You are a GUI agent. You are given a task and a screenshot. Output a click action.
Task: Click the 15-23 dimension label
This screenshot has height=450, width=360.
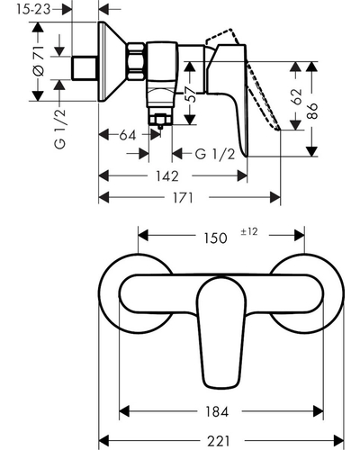click(33, 9)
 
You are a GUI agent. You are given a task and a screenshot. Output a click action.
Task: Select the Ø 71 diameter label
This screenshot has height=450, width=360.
click(39, 61)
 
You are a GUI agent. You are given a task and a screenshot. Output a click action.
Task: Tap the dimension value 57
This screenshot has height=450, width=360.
click(192, 94)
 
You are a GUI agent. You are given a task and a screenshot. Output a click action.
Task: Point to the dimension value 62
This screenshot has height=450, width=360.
click(296, 96)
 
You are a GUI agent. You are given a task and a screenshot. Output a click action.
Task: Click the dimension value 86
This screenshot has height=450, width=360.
click(312, 111)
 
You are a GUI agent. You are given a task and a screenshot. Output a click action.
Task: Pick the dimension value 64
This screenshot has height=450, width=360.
click(128, 135)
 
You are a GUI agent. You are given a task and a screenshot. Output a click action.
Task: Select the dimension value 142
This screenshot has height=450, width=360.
click(167, 176)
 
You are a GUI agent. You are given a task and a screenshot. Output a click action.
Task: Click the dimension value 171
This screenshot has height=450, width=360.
click(183, 198)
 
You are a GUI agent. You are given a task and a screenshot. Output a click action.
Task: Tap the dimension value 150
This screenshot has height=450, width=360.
click(215, 238)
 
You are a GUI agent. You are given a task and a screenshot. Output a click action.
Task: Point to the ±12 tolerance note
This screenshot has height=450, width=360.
click(249, 231)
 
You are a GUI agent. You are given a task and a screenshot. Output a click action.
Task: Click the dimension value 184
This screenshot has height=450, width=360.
click(217, 411)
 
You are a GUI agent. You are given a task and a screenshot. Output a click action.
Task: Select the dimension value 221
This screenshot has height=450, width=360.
click(218, 441)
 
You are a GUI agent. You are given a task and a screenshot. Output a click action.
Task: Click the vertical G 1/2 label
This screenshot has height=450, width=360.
click(59, 129)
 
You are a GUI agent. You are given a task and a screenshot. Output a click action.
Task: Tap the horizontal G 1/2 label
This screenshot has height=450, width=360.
click(215, 154)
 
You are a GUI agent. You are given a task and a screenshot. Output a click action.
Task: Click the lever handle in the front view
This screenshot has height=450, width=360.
click(221, 332)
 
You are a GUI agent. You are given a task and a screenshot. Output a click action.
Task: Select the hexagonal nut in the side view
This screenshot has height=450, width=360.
click(135, 61)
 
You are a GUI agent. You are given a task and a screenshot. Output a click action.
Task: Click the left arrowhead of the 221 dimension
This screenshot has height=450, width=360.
click(103, 441)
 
